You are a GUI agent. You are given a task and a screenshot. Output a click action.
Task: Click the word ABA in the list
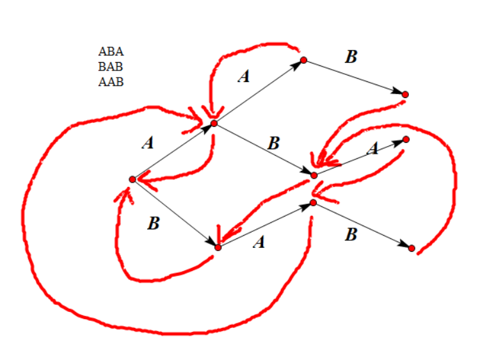[x=111, y=51]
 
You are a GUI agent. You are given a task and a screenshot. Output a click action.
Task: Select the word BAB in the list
[x=111, y=66]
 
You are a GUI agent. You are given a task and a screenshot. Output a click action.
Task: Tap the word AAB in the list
[x=111, y=81]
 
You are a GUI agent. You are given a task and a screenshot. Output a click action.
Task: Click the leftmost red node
[x=132, y=179]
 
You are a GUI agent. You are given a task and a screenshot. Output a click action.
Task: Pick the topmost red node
[x=304, y=60]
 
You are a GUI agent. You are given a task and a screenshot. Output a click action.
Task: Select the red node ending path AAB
[x=404, y=94]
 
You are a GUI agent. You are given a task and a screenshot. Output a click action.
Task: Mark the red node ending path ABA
[x=406, y=139]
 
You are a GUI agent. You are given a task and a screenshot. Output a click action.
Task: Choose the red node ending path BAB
[x=412, y=248]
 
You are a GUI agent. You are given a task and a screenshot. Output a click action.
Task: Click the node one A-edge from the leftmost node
[x=214, y=122]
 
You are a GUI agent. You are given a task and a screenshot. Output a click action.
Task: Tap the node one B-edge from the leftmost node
[x=218, y=247]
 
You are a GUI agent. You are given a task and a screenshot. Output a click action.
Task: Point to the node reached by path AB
[x=314, y=175]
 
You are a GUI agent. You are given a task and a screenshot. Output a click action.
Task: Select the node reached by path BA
[x=314, y=203]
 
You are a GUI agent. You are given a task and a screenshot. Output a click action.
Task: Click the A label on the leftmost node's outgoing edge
[x=148, y=143]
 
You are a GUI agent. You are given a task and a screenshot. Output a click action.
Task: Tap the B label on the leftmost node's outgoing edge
[x=153, y=224]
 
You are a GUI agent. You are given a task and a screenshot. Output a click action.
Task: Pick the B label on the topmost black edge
[x=351, y=56]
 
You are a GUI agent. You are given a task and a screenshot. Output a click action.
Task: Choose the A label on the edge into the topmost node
[x=244, y=77]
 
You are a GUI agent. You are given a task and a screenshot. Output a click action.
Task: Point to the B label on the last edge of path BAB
[x=351, y=234]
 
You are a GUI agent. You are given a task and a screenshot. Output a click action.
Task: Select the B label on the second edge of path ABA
[x=274, y=143]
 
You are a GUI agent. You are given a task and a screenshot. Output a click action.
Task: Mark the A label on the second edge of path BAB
[x=259, y=242]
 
